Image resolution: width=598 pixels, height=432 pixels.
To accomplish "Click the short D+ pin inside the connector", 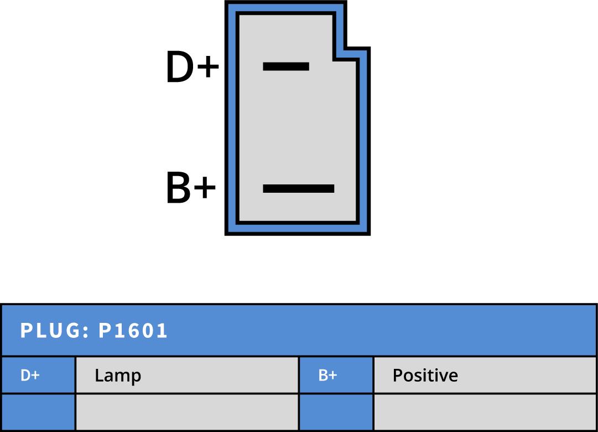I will (x=285, y=66).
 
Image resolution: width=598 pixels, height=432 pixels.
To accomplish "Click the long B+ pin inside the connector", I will (x=298, y=188).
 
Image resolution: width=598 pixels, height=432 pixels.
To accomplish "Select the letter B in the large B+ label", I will (x=179, y=188).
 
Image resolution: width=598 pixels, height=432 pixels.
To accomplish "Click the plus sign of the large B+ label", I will (x=204, y=189).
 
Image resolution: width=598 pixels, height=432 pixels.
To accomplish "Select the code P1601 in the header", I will (x=133, y=331).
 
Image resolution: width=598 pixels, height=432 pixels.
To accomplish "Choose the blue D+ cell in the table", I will (x=38, y=375).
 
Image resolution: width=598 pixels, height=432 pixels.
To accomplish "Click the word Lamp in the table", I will (x=118, y=376).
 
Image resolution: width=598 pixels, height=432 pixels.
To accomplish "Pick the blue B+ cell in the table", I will (x=336, y=375).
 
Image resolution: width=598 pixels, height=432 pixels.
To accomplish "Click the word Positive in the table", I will (x=425, y=376).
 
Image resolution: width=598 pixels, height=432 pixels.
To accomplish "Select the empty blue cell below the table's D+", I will (x=38, y=412).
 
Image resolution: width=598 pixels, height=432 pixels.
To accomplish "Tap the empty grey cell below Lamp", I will (x=186, y=412).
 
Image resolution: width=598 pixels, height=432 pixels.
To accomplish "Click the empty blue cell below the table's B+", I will (x=336, y=412).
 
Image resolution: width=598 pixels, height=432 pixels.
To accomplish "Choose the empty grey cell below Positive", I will (x=485, y=412).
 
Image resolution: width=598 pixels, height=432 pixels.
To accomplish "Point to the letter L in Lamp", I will (x=98, y=376).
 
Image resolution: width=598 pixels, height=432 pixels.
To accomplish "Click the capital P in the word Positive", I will (x=397, y=376).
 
